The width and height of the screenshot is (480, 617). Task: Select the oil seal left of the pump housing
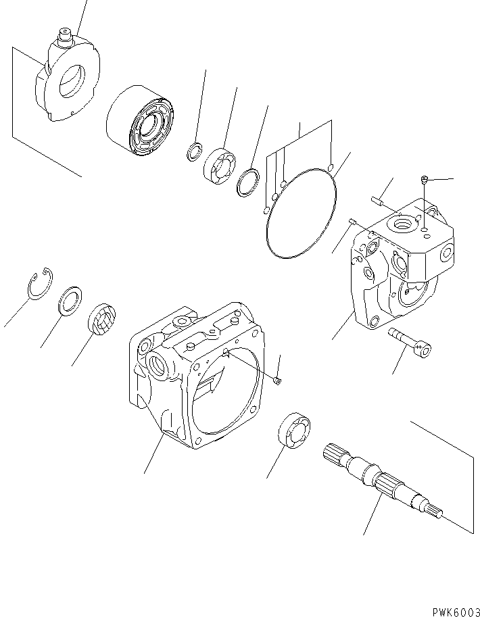click(x=103, y=320)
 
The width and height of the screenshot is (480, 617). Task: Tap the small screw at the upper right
click(x=424, y=179)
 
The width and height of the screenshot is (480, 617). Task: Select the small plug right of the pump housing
click(x=278, y=382)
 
